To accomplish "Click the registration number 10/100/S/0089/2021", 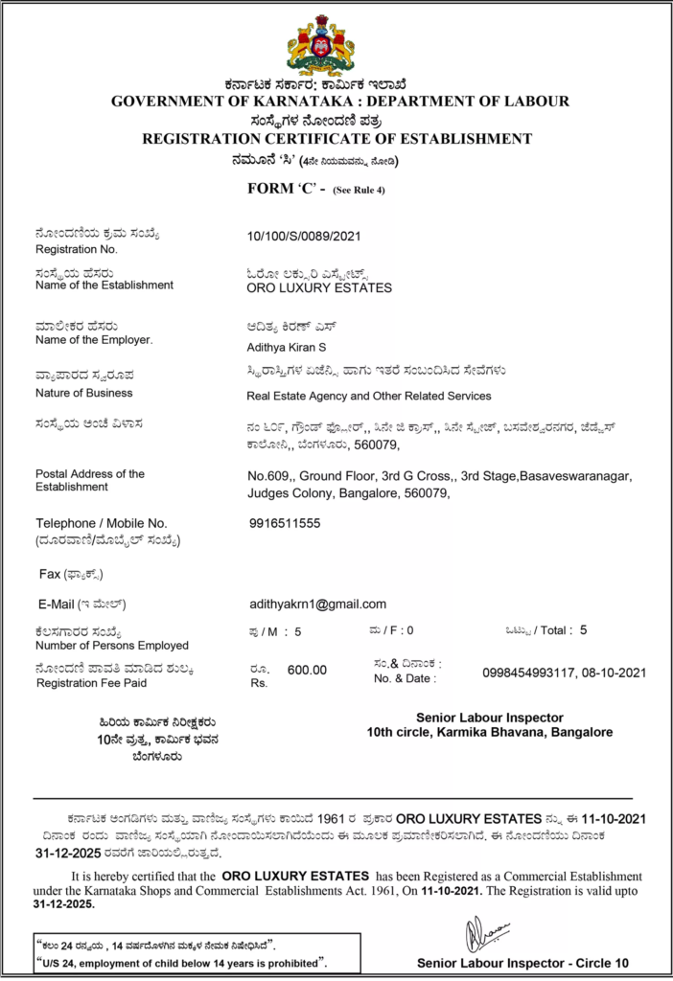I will click(304, 236).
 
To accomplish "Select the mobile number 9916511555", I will click(285, 523).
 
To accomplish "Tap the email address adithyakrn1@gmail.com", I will click(317, 604).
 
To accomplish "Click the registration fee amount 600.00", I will click(307, 670).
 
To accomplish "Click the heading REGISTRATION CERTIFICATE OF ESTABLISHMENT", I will click(336, 139).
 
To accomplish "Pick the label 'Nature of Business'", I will click(84, 393).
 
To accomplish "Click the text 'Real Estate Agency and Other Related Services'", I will click(368, 396).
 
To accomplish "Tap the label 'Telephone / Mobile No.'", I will click(102, 523).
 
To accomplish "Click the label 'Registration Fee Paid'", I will click(91, 683).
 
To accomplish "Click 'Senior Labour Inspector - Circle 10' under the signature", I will click(522, 963).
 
